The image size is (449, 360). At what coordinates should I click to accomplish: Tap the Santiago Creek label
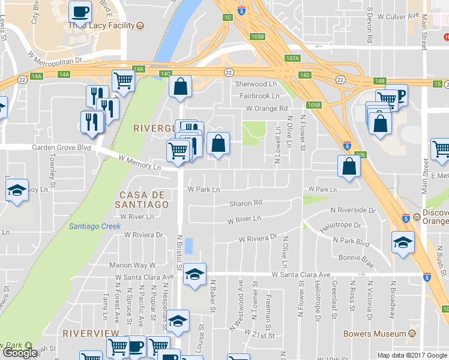click(x=94, y=226)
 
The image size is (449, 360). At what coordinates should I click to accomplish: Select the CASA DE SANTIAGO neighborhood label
click(x=144, y=199)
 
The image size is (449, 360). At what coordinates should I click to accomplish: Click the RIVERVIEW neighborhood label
click(x=91, y=332)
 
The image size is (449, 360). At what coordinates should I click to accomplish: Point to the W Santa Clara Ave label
click(x=301, y=274)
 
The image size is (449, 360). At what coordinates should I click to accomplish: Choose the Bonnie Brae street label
click(x=357, y=258)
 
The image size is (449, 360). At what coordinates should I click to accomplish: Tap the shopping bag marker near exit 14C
click(x=180, y=87)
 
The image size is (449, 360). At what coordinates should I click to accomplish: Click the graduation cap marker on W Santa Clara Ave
click(x=194, y=274)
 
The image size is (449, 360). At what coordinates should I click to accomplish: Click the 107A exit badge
click(x=292, y=58)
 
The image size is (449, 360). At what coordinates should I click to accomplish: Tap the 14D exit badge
click(x=305, y=75)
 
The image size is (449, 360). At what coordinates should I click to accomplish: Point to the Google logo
click(x=19, y=353)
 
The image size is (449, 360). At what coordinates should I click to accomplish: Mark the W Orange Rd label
click(x=267, y=109)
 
